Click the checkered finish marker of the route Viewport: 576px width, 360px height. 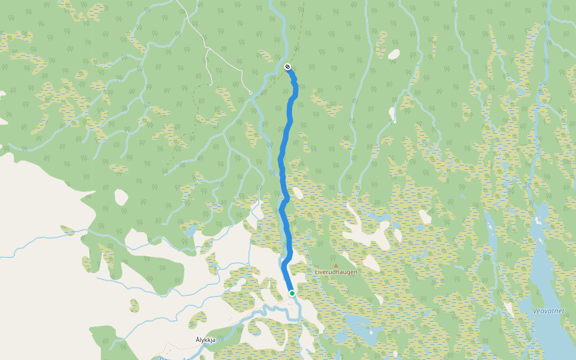point(287,67)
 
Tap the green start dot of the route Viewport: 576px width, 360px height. point(292,293)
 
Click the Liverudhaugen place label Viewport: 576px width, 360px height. point(336,272)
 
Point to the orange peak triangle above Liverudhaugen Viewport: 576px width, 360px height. point(336,265)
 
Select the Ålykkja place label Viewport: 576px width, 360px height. point(205,340)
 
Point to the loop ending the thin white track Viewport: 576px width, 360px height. point(250,93)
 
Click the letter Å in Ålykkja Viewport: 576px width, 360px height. point(197,340)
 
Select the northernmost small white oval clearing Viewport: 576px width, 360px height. point(394,55)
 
